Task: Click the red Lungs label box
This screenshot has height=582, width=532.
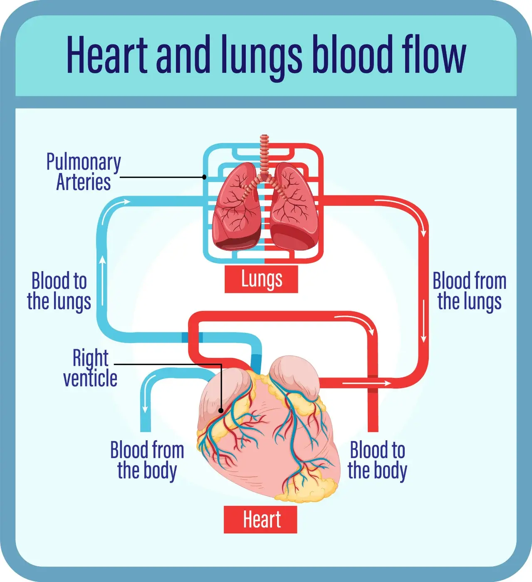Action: (x=261, y=279)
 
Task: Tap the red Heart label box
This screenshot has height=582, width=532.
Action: (x=260, y=520)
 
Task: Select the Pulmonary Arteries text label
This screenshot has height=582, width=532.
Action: (x=84, y=172)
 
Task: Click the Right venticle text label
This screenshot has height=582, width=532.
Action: (x=90, y=368)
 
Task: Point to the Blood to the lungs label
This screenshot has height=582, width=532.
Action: (x=59, y=291)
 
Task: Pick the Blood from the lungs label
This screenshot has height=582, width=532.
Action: (x=469, y=291)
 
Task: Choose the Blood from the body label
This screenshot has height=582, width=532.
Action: (x=147, y=460)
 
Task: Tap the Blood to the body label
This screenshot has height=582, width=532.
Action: (x=377, y=460)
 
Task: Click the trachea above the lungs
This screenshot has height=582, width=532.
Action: (x=265, y=154)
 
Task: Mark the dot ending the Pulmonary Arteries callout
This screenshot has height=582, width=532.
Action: (x=204, y=177)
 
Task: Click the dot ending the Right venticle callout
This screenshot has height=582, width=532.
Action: (x=221, y=411)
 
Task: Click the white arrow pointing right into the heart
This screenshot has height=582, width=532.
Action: (x=366, y=383)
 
